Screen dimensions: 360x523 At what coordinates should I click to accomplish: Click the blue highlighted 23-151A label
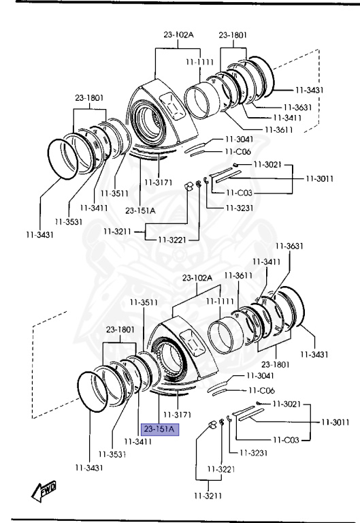coord(160,429)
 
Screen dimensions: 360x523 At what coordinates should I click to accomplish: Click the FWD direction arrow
coord(44,491)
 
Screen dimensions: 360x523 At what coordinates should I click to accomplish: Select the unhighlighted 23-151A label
coord(140,211)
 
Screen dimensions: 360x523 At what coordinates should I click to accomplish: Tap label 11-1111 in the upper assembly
coord(199,62)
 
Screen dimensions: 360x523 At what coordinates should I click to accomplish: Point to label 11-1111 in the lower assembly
coord(220,302)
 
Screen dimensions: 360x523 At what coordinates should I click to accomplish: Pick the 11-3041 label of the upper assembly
coord(240,139)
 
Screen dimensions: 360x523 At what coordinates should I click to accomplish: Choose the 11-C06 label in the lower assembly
coord(262,390)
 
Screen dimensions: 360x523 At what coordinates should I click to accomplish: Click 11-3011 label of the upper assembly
coord(320,178)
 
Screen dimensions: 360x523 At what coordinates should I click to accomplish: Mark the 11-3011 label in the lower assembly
coord(336,422)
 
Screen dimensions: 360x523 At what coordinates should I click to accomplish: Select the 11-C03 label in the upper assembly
coord(239,193)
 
